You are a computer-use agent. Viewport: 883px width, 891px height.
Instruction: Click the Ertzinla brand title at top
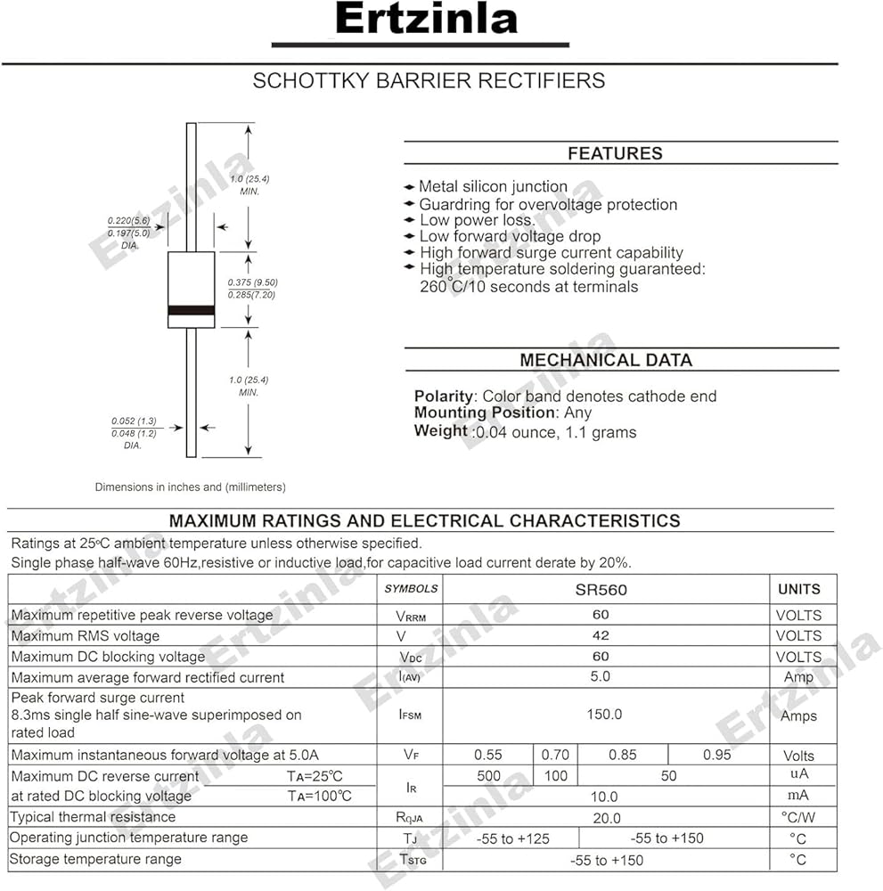click(x=427, y=19)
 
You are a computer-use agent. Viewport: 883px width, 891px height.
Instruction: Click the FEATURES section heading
click(x=615, y=153)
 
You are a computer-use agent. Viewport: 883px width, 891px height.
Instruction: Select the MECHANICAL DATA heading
click(x=605, y=360)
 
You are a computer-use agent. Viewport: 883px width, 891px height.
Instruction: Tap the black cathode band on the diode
click(x=192, y=310)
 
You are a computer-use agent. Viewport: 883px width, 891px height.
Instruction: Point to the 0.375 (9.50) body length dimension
click(x=253, y=282)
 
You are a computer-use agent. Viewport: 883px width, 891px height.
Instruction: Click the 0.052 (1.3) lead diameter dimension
click(x=134, y=421)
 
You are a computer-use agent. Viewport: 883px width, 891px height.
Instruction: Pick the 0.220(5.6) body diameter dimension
click(x=128, y=220)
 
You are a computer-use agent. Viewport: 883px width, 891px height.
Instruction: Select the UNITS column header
click(x=798, y=589)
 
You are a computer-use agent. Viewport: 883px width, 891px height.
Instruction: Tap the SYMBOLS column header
click(x=411, y=589)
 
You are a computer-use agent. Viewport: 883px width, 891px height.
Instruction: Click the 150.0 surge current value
click(x=604, y=715)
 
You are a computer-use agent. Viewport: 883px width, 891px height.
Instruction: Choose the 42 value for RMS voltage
click(x=601, y=635)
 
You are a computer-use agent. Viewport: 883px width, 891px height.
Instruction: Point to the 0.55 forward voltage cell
click(x=488, y=755)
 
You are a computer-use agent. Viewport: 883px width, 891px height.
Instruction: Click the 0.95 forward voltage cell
click(x=716, y=755)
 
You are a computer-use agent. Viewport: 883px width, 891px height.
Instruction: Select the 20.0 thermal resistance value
click(x=605, y=817)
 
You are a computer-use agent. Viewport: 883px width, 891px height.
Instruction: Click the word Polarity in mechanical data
click(x=443, y=396)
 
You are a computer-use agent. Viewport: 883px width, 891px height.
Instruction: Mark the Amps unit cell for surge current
click(x=798, y=715)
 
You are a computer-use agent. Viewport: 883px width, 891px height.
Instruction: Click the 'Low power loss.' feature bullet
click(x=477, y=220)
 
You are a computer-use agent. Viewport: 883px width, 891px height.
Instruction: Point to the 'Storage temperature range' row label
click(x=96, y=859)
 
